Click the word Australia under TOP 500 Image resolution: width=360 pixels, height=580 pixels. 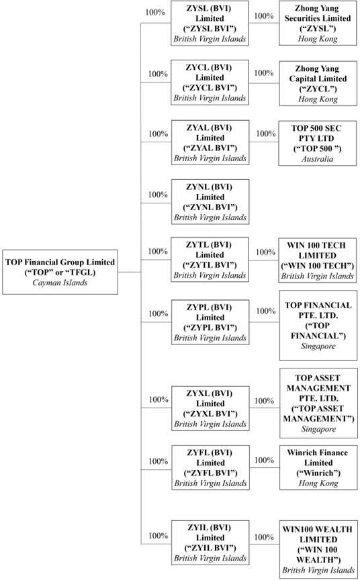(318, 159)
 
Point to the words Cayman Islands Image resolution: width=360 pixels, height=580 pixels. (60, 283)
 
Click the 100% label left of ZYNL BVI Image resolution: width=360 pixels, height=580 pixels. (158, 195)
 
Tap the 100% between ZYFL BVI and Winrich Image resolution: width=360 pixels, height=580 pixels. (264, 460)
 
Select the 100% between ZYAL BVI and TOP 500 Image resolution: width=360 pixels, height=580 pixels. (266, 134)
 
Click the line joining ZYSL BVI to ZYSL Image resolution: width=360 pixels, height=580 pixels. (264, 23)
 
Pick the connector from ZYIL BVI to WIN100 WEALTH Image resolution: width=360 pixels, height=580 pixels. (265, 544)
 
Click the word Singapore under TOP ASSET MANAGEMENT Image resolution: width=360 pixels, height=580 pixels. (318, 429)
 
